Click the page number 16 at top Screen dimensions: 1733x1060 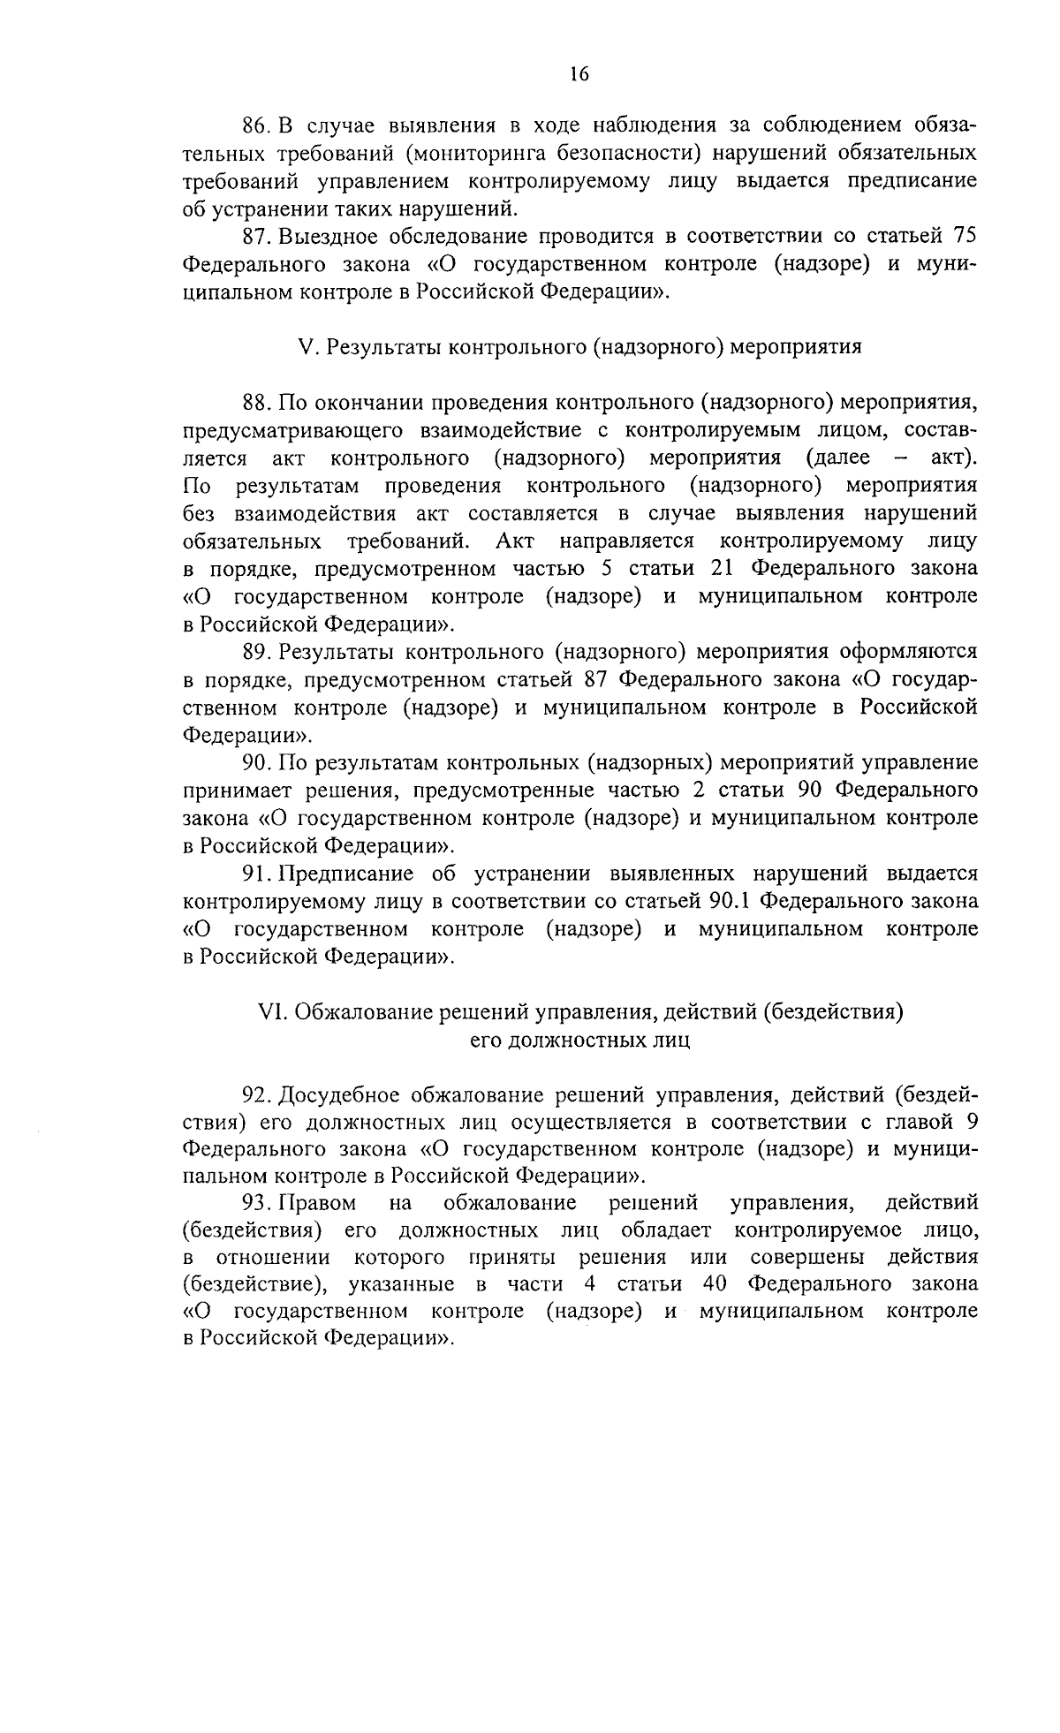coord(579,74)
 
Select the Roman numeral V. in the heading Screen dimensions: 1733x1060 coord(307,347)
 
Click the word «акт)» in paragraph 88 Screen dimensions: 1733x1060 coord(953,458)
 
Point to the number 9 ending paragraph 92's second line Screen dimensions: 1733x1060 coord(971,1124)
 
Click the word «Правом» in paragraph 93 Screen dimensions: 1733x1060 coord(318,1203)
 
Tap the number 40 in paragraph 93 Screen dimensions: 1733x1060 coord(711,1283)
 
